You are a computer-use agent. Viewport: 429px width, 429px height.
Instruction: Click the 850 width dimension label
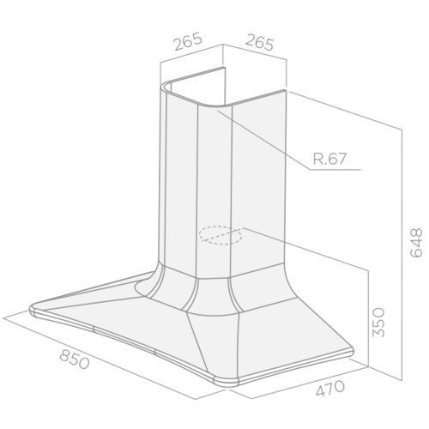(75, 360)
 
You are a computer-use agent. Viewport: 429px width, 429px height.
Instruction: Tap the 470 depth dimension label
(330, 388)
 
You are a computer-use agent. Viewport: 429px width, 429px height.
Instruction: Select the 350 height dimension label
(378, 322)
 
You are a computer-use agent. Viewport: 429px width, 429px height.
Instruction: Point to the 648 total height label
(416, 243)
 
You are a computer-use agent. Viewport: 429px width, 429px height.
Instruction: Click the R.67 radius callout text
(329, 159)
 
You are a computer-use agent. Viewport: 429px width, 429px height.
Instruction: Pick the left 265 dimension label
(188, 42)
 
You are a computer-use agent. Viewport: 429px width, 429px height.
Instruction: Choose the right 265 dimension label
(260, 42)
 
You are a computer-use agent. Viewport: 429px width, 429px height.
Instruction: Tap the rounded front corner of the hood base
(226, 383)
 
